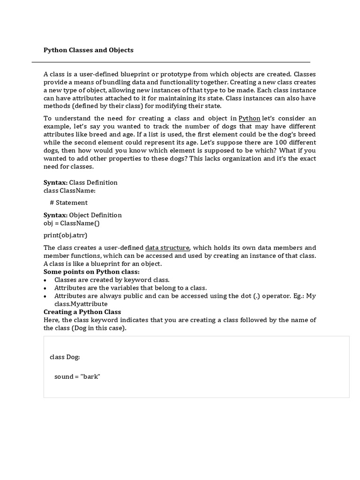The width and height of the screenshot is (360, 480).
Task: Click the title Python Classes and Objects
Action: pyautogui.click(x=89, y=50)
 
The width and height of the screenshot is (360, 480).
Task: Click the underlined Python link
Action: pyautogui.click(x=249, y=118)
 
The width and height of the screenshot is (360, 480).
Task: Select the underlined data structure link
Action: pyautogui.click(x=167, y=247)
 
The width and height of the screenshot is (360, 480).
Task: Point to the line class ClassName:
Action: pyautogui.click(x=69, y=190)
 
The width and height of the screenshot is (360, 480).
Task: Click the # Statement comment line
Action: pyautogui.click(x=68, y=202)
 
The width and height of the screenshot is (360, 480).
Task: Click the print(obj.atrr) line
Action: pyautogui.click(x=66, y=235)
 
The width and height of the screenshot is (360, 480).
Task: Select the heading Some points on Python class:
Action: pyautogui.click(x=91, y=272)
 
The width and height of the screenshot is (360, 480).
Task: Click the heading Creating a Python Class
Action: pyautogui.click(x=82, y=312)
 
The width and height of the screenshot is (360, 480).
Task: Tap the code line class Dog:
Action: pyautogui.click(x=65, y=357)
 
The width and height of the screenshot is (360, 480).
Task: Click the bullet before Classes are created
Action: pyautogui.click(x=45, y=280)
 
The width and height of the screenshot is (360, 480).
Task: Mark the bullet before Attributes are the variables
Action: pyautogui.click(x=45, y=288)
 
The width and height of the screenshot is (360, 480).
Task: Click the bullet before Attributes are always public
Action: pyautogui.click(x=45, y=296)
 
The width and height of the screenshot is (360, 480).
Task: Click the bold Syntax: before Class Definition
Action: pyautogui.click(x=56, y=182)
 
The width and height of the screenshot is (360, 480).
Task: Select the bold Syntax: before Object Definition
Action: pyautogui.click(x=56, y=215)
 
